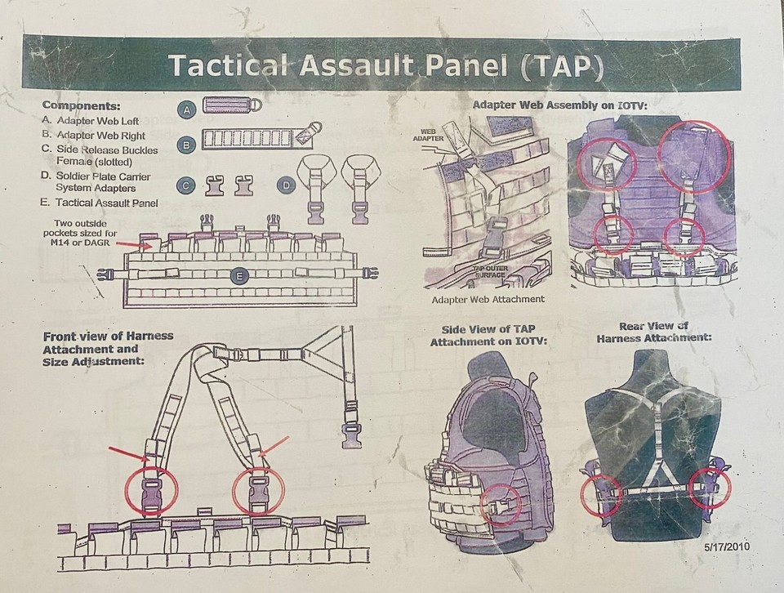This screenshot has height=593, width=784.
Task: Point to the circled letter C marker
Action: click(188, 185)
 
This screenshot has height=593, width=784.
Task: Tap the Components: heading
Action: click(81, 106)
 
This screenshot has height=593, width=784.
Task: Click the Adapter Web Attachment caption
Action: click(487, 300)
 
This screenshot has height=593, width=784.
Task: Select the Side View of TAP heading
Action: click(489, 335)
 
